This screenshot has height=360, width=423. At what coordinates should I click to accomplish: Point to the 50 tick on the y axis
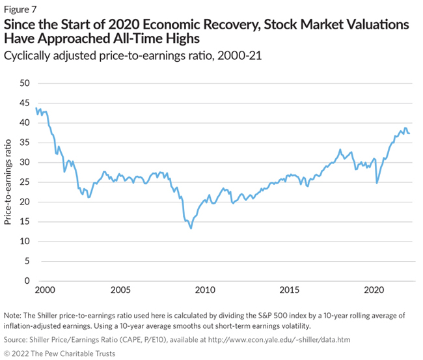click(x=25, y=83)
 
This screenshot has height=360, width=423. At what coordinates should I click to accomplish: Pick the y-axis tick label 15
click(x=25, y=222)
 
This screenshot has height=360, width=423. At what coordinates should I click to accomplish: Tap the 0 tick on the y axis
click(x=27, y=281)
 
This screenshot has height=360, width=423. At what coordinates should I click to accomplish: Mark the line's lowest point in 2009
click(x=191, y=228)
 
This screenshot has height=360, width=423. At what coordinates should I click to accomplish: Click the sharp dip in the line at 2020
click(x=377, y=182)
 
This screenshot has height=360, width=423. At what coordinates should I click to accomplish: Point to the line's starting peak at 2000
click(x=36, y=108)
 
